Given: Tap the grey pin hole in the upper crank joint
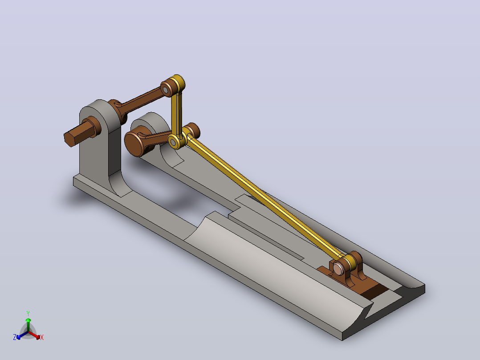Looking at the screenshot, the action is [165, 90].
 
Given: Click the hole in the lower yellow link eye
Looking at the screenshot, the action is [173, 142].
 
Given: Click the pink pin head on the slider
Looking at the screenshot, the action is [338, 269].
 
